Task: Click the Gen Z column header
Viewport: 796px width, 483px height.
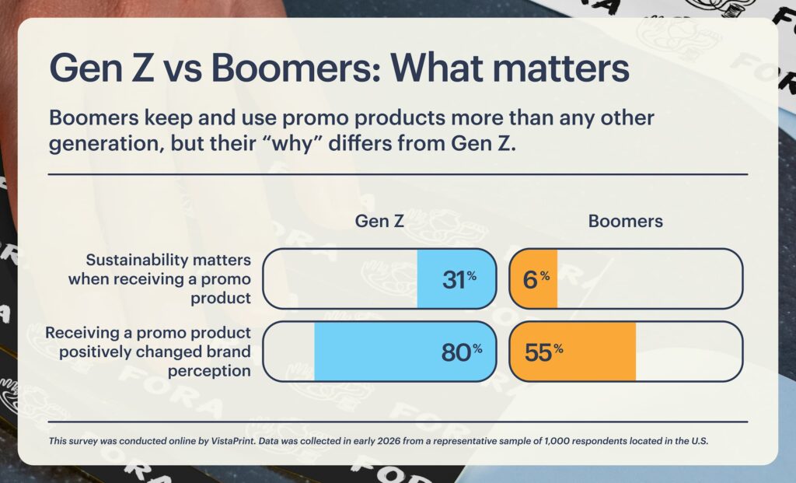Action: click(x=379, y=221)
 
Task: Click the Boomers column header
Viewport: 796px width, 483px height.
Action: click(x=625, y=221)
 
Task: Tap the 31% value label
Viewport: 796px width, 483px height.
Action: click(x=459, y=279)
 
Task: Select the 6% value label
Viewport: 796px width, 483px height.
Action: click(x=536, y=279)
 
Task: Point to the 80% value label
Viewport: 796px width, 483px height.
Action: click(x=461, y=352)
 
